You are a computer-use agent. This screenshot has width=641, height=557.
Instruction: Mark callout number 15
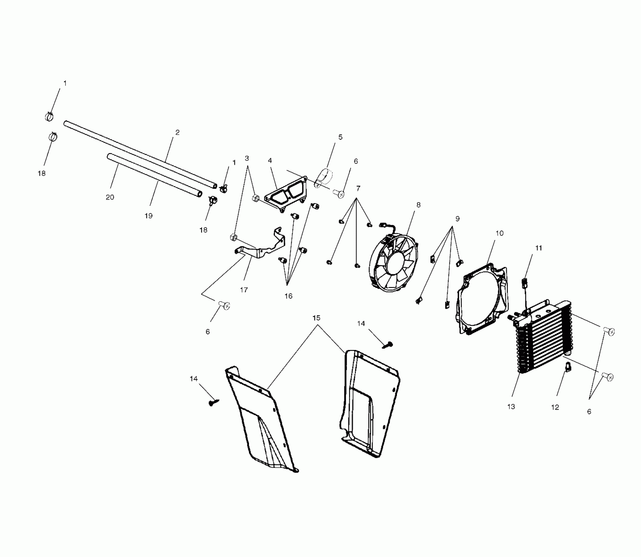point(316,318)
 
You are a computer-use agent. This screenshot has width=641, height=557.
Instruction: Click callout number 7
point(358,189)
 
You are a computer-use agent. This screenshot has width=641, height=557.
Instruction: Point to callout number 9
point(457,219)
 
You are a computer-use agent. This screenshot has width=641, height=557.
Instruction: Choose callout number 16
point(288,296)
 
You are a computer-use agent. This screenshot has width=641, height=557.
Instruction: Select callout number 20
point(110,197)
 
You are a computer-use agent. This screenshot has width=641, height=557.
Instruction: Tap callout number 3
point(247,159)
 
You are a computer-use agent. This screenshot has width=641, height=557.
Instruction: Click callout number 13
point(511,407)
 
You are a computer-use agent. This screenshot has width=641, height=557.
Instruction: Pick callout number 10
point(499,233)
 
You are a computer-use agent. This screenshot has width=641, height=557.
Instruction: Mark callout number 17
point(244,290)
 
